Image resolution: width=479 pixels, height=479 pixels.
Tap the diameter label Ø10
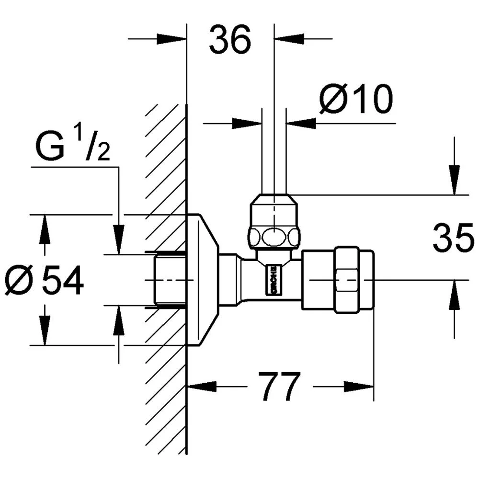pyautogui.click(x=356, y=99)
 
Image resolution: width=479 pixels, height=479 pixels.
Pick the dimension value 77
pyautogui.click(x=281, y=386)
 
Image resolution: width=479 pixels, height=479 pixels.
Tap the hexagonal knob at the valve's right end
pyautogui.click(x=354, y=279)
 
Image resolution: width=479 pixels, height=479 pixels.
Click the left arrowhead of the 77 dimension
pyautogui.click(x=201, y=386)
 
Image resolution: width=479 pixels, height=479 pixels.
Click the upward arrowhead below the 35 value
pyautogui.click(x=454, y=295)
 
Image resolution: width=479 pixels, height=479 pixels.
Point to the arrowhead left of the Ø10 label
pyautogui.click(x=247, y=124)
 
